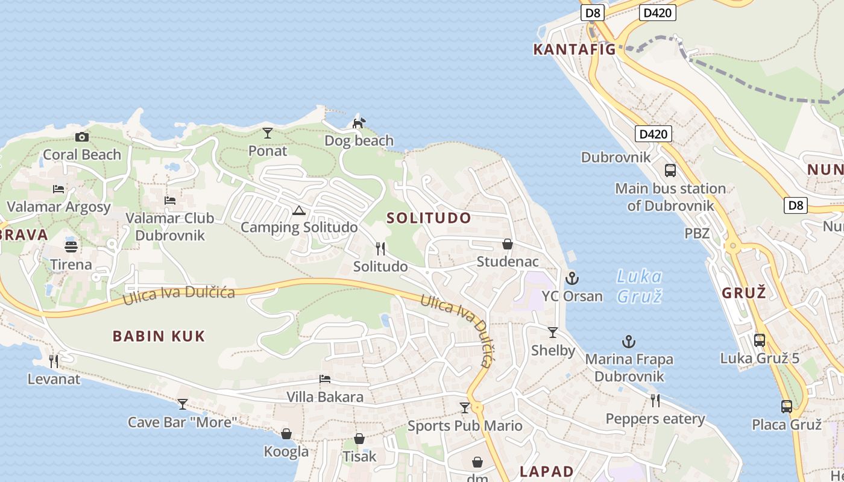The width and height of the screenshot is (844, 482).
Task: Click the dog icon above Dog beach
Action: (x=359, y=123)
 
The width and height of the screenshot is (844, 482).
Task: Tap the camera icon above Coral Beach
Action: (x=82, y=137)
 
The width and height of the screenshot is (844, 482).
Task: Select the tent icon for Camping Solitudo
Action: (x=298, y=211)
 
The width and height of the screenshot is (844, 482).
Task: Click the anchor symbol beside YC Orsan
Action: (x=572, y=278)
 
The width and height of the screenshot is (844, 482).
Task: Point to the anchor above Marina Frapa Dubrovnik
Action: (x=629, y=342)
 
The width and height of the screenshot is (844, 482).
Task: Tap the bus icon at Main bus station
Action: (x=670, y=171)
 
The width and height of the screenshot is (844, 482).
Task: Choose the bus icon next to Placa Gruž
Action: (x=787, y=407)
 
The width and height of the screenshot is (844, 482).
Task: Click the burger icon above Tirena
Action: (x=71, y=247)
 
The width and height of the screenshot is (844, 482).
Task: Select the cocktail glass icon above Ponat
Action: (x=268, y=133)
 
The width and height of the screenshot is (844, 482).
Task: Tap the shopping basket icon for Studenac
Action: (x=508, y=244)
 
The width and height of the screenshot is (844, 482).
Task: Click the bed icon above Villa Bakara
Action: (x=325, y=380)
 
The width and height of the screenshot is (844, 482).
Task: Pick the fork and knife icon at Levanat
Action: (x=54, y=361)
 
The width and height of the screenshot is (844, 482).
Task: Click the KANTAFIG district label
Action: (x=575, y=49)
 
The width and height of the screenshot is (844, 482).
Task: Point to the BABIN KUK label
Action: (x=159, y=336)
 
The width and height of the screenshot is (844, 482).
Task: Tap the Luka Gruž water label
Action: (x=639, y=286)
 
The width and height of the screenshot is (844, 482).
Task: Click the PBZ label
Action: (x=697, y=233)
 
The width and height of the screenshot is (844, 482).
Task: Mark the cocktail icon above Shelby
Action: (x=553, y=333)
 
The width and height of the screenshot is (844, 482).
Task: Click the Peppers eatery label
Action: (x=655, y=419)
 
